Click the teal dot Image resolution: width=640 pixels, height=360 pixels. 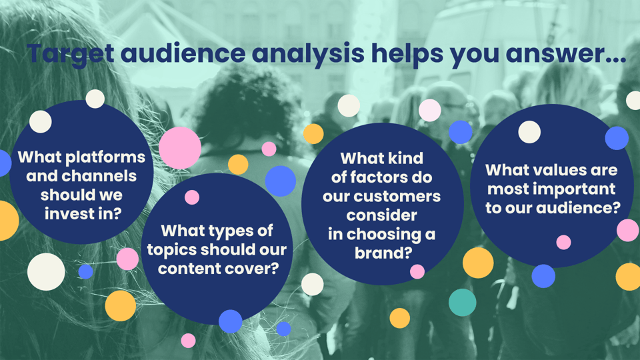coord(462,302)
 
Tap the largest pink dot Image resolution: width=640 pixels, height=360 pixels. coord(179,147)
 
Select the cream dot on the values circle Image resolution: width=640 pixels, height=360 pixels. coord(529,132)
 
